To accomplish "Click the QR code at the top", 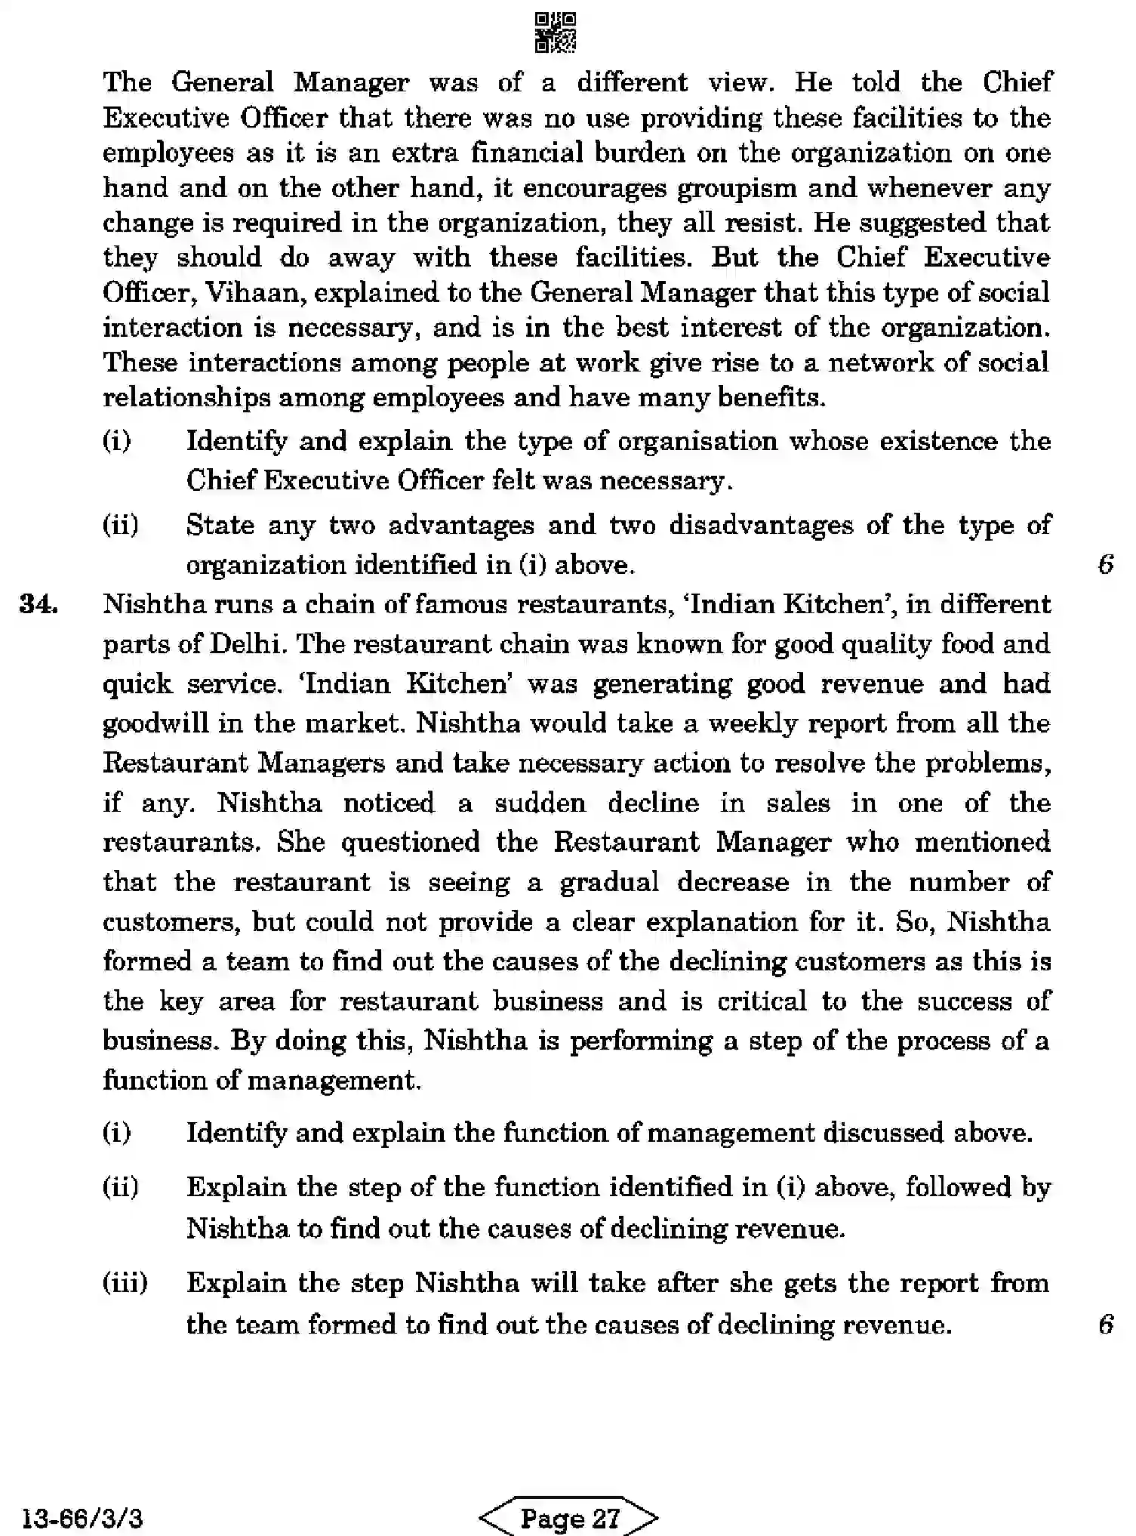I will tap(556, 32).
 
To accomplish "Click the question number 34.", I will tap(38, 605).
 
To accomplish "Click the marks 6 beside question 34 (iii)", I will tap(1106, 1324).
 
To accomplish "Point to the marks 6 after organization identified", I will tap(1106, 564).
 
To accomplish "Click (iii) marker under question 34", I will tap(125, 1283).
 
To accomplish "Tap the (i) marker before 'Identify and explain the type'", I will tap(117, 441).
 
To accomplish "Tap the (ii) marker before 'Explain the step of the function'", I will tap(121, 1188).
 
